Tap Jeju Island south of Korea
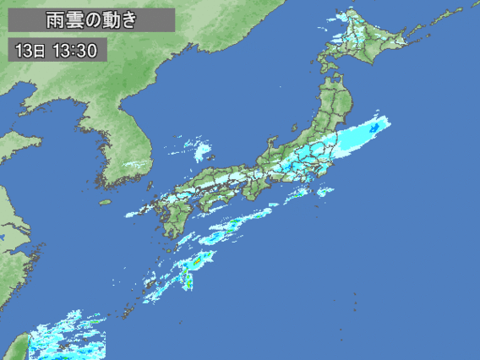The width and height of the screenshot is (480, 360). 106,202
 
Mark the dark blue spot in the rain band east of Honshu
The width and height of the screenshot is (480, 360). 374,127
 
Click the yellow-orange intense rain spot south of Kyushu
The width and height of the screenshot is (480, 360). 196,263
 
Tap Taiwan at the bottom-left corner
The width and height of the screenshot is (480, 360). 19,346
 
